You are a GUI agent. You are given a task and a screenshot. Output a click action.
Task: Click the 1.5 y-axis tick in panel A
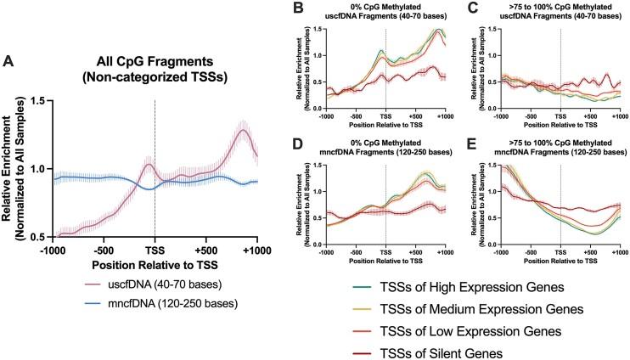34,100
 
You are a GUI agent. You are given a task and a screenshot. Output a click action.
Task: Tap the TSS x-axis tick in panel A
155,251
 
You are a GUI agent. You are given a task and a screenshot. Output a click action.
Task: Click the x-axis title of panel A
155,267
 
